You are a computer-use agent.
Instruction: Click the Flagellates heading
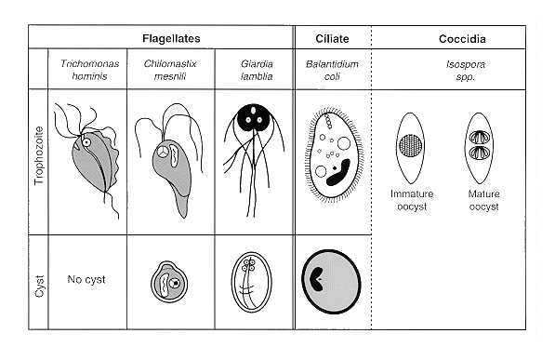171,38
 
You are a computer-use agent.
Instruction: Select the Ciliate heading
332,38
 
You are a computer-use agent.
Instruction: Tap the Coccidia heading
462,39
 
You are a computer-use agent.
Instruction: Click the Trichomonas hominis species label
89,70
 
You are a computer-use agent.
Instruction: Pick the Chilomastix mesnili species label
170,70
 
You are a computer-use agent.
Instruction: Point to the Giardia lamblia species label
257,70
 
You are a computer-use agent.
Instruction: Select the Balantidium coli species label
332,70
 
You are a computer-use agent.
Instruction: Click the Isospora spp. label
465,70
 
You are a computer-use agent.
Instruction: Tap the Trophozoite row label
39,155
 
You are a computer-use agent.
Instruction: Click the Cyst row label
39,287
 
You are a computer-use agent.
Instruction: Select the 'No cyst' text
86,280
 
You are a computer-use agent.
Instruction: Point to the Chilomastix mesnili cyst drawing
169,282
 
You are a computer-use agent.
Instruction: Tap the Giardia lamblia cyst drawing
251,283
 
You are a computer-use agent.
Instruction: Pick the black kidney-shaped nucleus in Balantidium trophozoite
338,173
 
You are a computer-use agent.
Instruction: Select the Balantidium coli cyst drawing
331,282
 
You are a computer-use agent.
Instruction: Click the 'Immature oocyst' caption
412,200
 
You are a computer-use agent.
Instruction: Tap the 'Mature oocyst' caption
483,200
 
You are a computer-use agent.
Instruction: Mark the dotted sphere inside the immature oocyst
411,146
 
